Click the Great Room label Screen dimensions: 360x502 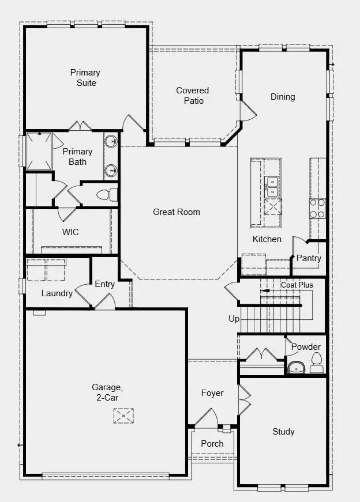point(177,212)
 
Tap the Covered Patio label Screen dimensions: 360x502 point(193,96)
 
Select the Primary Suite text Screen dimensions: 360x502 point(85,77)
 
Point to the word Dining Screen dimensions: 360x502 point(283,97)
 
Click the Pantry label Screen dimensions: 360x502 point(309,258)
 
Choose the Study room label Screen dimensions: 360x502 point(283,432)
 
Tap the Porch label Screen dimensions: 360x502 point(212,444)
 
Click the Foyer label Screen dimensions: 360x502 point(212,393)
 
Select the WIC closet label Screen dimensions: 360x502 point(70,232)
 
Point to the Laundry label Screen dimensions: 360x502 point(57,293)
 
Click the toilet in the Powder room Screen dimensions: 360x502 point(316,363)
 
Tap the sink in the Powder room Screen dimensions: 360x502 point(296,368)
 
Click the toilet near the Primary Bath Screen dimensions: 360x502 point(107,195)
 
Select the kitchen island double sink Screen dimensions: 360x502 point(272,187)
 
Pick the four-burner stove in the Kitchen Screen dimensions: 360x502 point(317,209)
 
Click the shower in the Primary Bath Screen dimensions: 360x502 point(39,151)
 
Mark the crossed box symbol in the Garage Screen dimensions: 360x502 point(123,416)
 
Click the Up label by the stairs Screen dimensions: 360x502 point(234,319)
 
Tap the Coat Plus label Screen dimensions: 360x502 point(297,285)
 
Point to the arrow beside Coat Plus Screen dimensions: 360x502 point(265,291)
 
